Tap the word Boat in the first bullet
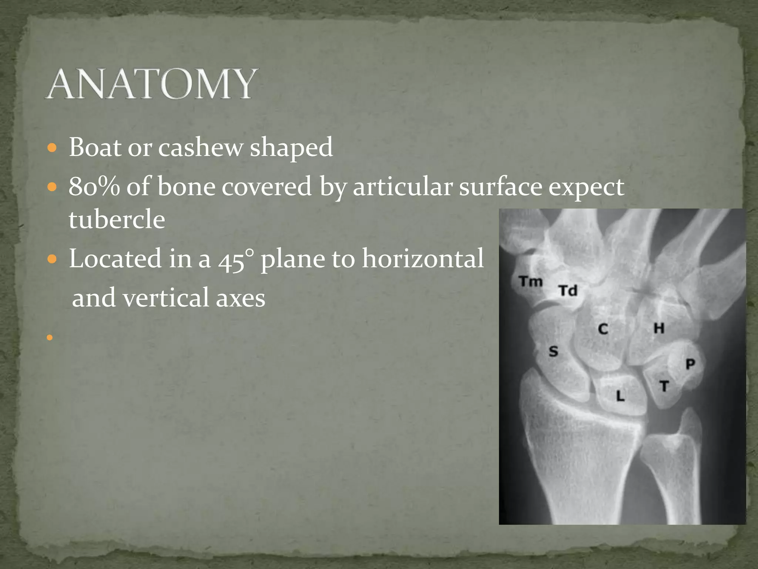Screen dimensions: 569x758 point(95,147)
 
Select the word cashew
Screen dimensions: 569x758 point(200,147)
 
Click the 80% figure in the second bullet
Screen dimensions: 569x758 point(94,186)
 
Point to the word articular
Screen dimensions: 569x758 point(402,186)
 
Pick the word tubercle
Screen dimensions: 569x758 point(117,219)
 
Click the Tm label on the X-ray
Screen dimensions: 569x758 point(530,282)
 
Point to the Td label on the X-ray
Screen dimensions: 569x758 point(568,290)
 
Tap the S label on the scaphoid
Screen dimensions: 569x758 point(553,351)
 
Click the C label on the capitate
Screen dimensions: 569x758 point(603,329)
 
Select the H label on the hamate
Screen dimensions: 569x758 point(659,328)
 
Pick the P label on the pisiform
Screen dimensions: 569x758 point(690,364)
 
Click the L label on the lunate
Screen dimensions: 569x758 point(620,396)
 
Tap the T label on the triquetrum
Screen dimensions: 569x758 point(664,386)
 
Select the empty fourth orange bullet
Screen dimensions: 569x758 point(50,337)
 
